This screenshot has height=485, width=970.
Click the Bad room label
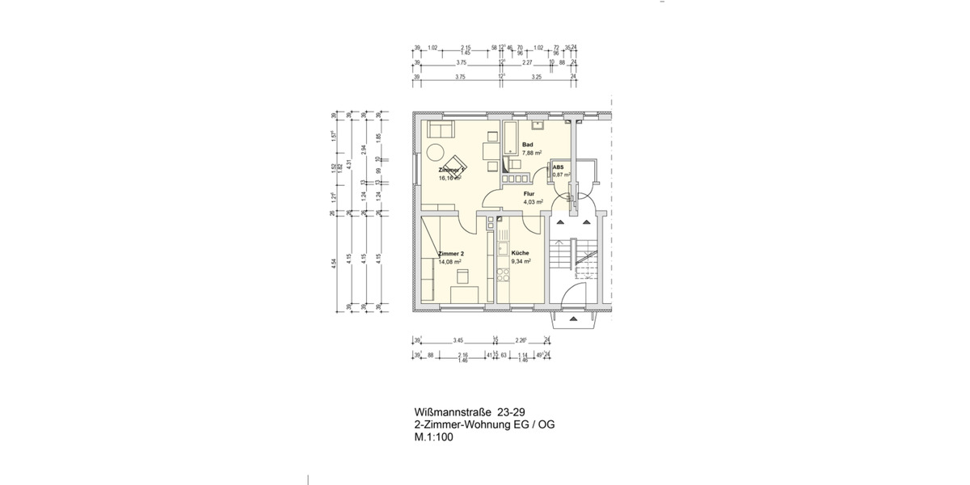527,145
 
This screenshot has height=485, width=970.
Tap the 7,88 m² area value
531,153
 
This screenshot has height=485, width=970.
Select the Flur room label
529,195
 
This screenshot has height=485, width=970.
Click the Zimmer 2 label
450,253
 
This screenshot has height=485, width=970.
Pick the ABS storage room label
558,167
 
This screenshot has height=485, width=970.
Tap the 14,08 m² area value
450,262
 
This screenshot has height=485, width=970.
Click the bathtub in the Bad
511,138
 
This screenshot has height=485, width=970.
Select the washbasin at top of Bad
538,124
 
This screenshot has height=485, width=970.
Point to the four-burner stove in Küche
502,276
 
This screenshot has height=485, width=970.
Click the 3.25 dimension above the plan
536,77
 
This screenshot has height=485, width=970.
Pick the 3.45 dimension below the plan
458,340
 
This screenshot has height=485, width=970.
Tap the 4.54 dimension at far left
334,264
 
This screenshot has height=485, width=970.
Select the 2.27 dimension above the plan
527,62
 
